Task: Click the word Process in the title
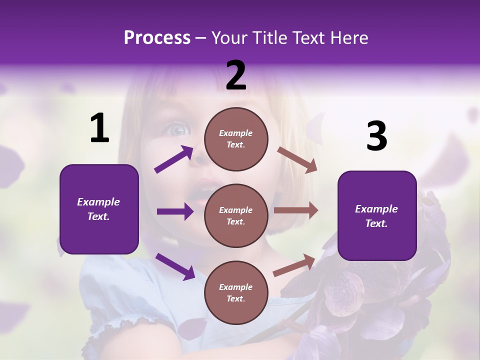157,38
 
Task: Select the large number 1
99,128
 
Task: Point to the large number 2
236,75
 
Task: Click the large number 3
376,136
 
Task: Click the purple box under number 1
99,209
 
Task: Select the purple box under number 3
377,215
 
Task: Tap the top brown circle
236,138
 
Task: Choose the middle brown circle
236,215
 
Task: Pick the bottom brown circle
236,292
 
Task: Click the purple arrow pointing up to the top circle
173,159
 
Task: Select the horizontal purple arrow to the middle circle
175,211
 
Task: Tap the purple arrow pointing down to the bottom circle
175,266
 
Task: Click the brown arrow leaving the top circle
297,159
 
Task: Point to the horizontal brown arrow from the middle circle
296,210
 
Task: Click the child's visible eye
178,130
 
